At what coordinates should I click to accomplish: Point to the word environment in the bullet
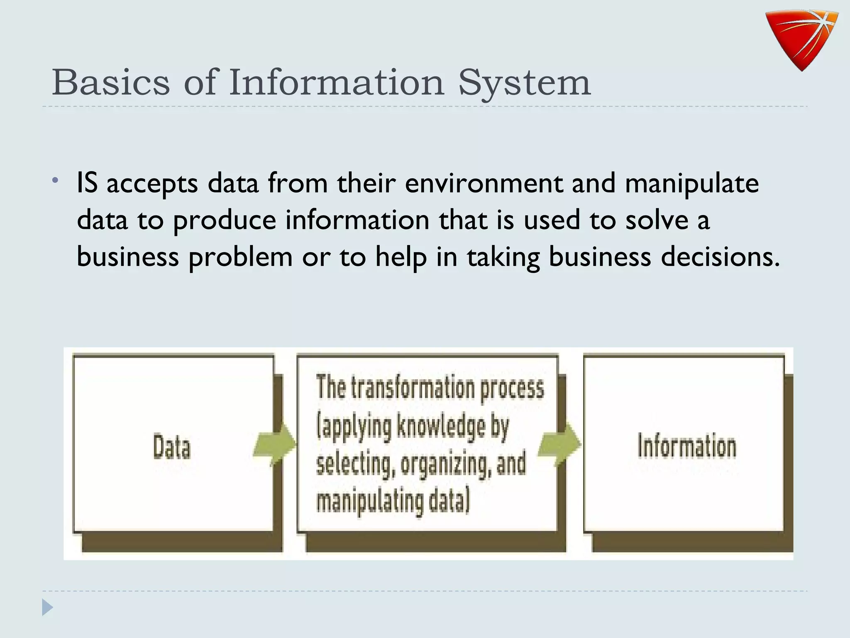pyautogui.click(x=484, y=183)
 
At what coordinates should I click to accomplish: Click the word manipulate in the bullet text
pyautogui.click(x=691, y=184)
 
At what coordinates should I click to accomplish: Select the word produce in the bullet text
pyautogui.click(x=225, y=221)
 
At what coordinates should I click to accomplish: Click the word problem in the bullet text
pyautogui.click(x=241, y=257)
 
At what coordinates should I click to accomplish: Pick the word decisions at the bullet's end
pyautogui.click(x=720, y=257)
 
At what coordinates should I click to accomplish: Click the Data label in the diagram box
pyautogui.click(x=172, y=447)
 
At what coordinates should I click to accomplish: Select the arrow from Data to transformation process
pyautogui.click(x=274, y=444)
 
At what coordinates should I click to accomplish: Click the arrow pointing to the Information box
pyautogui.click(x=559, y=444)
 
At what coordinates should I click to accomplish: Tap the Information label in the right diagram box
pyautogui.click(x=687, y=446)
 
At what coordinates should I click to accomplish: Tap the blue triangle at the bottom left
pyautogui.click(x=47, y=608)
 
